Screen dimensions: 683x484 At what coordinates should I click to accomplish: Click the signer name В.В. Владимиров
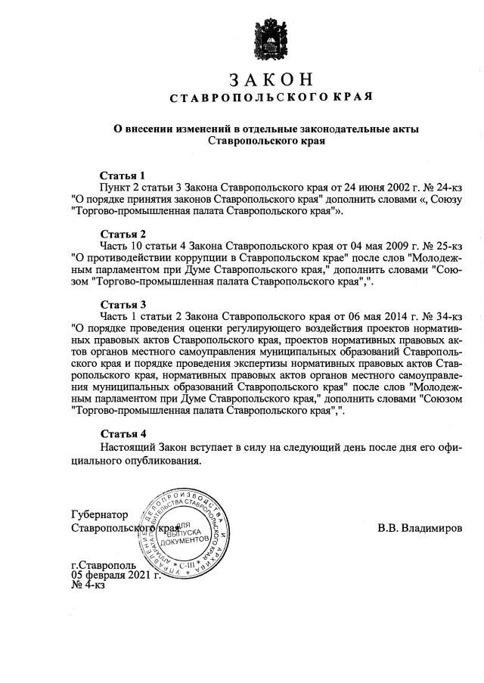tap(419, 527)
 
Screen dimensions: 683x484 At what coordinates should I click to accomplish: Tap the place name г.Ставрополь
tap(104, 565)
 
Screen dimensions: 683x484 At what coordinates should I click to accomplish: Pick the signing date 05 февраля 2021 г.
tap(115, 575)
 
